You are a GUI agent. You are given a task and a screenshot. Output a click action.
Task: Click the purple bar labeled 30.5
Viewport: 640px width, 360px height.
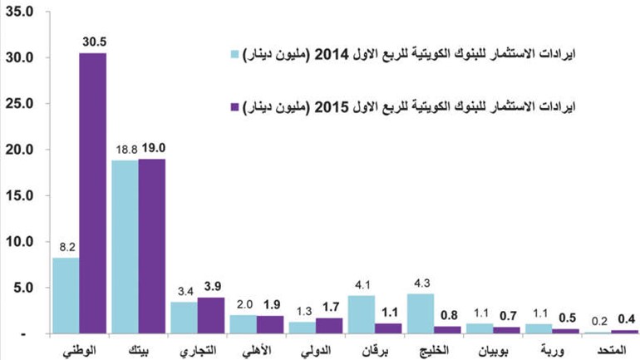92,193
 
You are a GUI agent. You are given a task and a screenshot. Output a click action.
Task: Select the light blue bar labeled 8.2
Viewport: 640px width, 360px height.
66,295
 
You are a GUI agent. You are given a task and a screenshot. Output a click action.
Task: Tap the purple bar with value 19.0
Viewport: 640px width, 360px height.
152,246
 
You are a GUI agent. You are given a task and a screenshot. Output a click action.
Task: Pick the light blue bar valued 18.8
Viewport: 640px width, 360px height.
125,247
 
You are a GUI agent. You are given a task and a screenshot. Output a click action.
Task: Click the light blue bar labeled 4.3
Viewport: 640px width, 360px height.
421,313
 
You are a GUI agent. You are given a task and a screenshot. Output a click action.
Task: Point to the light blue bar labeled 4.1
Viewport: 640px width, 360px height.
362,314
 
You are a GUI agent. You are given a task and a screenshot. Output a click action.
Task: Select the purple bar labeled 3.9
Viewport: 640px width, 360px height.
211,315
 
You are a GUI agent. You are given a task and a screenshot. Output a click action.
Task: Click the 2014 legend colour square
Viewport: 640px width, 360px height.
234,54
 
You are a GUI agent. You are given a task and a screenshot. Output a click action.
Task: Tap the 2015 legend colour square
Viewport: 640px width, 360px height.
234,107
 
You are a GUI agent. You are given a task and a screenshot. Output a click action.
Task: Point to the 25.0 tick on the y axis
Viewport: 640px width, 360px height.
19,104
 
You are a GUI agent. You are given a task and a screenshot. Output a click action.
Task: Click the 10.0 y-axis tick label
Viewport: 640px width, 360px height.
19,242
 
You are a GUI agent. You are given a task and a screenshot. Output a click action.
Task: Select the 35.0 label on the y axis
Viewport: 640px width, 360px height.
19,12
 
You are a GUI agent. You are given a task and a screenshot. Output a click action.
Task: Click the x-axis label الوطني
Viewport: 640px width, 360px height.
80,351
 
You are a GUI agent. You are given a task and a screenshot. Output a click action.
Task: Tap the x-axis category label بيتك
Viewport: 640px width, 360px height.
138,351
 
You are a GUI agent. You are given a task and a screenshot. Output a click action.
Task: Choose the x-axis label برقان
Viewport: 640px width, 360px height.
375,351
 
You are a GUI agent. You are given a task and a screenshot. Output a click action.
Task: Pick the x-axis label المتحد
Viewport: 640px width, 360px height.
611,350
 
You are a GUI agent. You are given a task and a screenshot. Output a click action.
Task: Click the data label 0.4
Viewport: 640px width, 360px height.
626,319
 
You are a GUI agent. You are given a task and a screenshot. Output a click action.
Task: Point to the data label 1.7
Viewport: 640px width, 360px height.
331,307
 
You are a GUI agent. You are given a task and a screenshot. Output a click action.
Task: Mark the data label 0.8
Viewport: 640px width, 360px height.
449,315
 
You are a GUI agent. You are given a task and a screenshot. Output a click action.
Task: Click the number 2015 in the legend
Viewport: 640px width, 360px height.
332,107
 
